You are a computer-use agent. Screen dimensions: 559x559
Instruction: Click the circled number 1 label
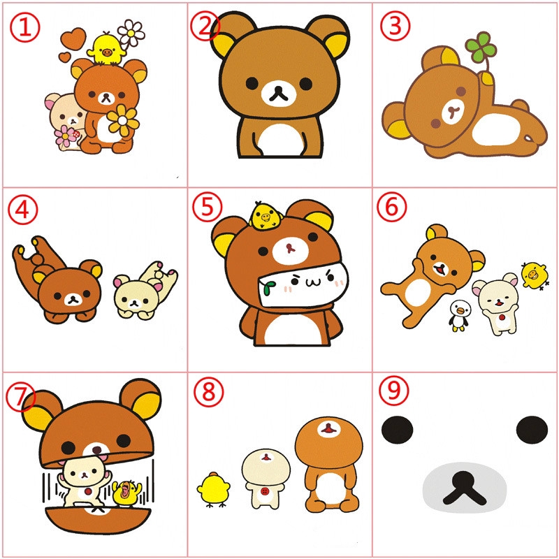(x=25, y=27)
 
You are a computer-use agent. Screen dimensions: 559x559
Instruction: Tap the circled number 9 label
(x=394, y=391)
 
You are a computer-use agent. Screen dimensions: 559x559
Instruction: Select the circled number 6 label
(x=392, y=207)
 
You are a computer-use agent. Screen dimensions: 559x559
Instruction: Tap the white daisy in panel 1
(x=131, y=33)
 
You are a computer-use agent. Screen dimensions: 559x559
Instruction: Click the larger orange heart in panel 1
(x=73, y=38)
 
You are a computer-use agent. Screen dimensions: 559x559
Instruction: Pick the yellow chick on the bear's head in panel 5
(x=265, y=215)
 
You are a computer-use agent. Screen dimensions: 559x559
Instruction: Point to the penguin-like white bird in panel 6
(x=458, y=316)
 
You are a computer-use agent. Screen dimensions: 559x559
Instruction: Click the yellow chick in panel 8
(x=213, y=489)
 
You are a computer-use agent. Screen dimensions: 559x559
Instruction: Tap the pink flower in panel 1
(x=66, y=136)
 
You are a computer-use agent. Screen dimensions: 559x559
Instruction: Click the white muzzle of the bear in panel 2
(x=279, y=94)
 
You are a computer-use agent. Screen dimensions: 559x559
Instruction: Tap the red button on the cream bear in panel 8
(x=264, y=492)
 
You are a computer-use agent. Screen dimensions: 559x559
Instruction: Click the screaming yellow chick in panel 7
(x=126, y=493)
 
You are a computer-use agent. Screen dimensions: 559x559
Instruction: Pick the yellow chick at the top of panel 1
(x=106, y=49)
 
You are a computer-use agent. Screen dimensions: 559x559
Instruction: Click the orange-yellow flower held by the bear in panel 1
(x=123, y=120)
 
